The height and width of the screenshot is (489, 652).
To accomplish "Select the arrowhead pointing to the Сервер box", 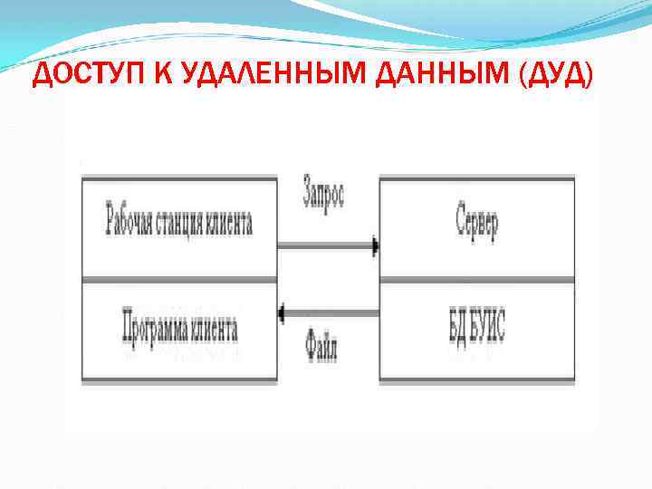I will (373, 244).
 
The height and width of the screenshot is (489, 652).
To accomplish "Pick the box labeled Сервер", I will (476, 227).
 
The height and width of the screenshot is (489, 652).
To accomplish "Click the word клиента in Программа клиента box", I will (214, 330).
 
